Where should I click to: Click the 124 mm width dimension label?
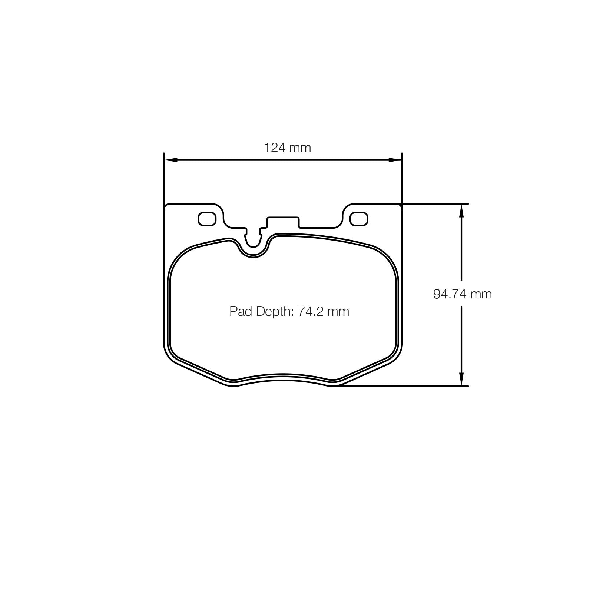(x=287, y=148)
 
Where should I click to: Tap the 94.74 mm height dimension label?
(x=463, y=294)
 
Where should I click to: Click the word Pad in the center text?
(x=241, y=311)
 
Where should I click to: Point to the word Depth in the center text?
(x=274, y=312)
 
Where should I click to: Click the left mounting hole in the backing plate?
(x=207, y=219)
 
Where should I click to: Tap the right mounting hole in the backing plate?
(x=359, y=219)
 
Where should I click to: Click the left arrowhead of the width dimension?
(x=170, y=160)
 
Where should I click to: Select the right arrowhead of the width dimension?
(x=395, y=160)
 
